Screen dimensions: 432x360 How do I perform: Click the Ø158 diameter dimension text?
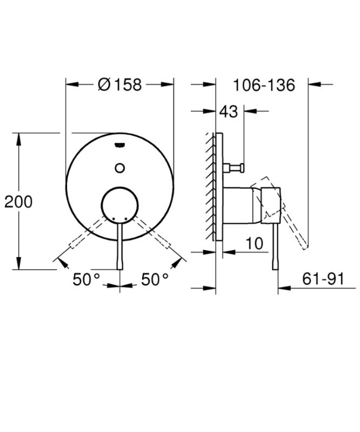click(120, 85)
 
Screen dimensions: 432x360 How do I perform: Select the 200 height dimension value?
click(18, 202)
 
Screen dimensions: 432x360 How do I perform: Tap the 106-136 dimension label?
click(264, 85)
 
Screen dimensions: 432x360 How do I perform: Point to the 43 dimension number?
click(228, 112)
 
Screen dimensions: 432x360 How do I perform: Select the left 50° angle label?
click(87, 279)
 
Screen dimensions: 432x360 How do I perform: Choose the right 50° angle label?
click(155, 279)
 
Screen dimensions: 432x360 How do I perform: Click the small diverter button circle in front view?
click(120, 167)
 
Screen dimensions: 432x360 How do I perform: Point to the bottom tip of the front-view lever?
click(120, 267)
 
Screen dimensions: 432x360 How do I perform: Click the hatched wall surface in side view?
click(210, 184)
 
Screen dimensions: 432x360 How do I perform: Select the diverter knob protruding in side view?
click(236, 167)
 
